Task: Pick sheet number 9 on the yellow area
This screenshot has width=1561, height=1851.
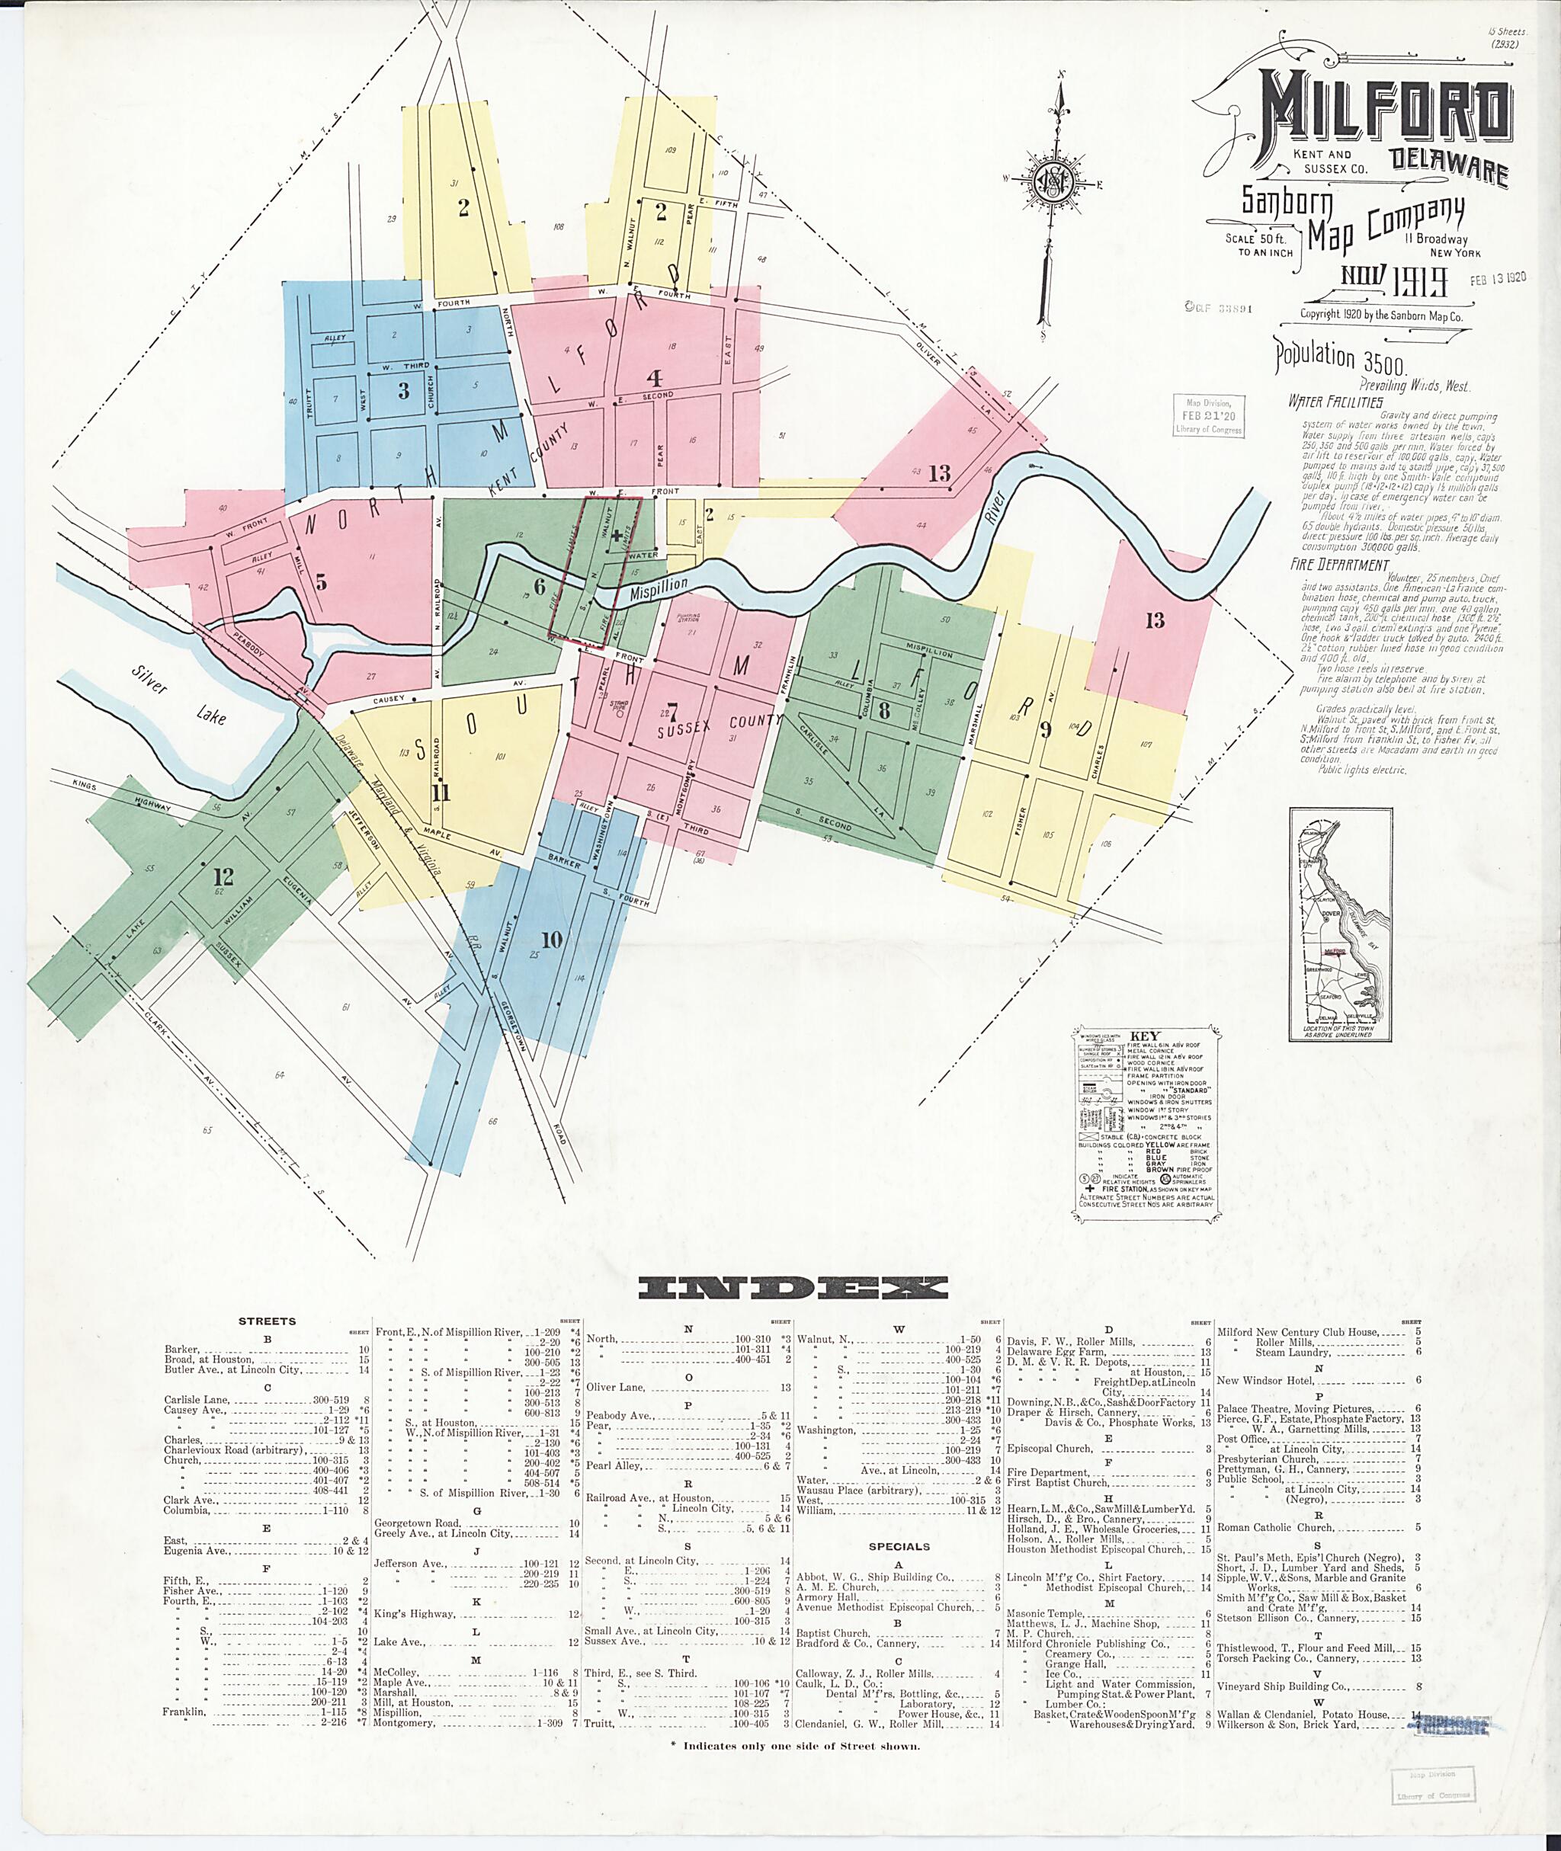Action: click(x=1045, y=730)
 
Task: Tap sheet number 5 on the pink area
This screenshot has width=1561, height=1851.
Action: click(x=320, y=581)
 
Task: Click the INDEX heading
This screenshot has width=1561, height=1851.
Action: click(x=793, y=1289)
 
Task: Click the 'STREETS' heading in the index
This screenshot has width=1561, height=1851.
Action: click(x=268, y=1321)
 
